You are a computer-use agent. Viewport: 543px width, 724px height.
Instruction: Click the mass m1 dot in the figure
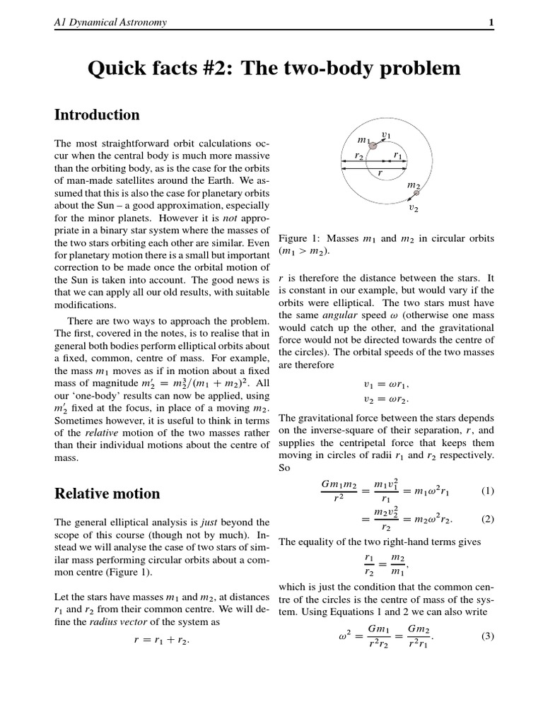[373, 145]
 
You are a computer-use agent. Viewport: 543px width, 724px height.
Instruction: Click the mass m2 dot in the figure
[416, 192]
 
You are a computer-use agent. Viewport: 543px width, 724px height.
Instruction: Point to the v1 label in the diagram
[386, 134]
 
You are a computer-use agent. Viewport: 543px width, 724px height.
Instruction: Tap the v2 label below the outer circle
[414, 209]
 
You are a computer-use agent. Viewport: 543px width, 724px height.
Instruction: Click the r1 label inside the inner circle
[397, 156]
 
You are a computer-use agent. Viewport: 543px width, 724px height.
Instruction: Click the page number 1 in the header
[491, 23]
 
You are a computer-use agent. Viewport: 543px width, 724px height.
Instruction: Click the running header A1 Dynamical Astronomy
[110, 23]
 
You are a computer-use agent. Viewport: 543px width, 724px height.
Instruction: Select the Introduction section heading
[97, 115]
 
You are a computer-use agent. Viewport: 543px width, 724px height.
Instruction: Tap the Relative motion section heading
[107, 494]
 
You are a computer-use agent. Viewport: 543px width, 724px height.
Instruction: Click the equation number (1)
[488, 490]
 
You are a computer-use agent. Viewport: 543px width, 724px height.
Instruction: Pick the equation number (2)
[488, 519]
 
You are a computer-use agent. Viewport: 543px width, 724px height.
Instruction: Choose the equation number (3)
[488, 636]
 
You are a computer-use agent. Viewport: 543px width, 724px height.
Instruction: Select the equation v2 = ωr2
[385, 399]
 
